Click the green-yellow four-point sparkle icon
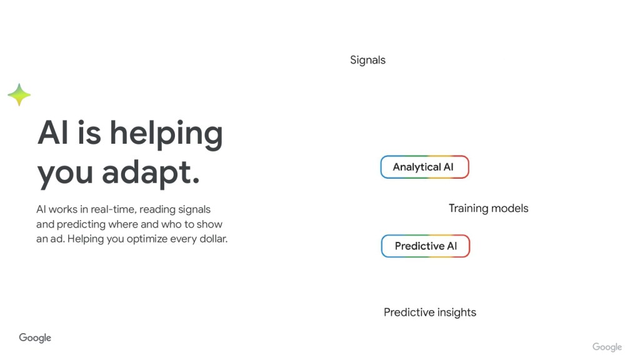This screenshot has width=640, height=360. click(19, 95)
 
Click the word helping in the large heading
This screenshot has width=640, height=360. click(166, 135)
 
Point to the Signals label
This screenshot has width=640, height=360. click(367, 61)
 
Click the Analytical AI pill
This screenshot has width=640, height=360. click(424, 167)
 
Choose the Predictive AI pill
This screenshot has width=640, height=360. click(425, 246)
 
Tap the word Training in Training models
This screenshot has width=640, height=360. click(468, 209)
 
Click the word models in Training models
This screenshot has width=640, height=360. click(510, 209)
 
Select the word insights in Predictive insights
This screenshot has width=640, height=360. click(457, 312)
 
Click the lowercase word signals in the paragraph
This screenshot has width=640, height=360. click(194, 210)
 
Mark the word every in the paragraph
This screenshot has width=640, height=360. click(183, 239)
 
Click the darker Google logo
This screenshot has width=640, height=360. click(35, 338)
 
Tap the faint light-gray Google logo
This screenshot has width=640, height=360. click(607, 347)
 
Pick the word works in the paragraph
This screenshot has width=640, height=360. click(63, 209)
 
